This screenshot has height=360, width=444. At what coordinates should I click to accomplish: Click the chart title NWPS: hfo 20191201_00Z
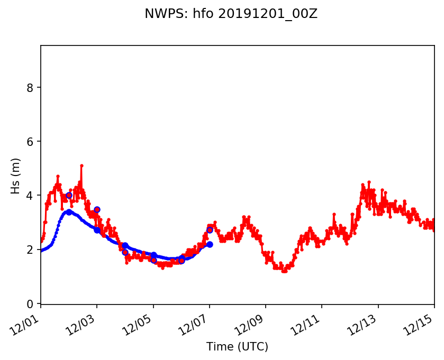231,14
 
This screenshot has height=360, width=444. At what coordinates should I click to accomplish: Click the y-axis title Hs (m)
16,176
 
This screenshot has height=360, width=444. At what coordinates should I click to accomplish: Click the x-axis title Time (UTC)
237,347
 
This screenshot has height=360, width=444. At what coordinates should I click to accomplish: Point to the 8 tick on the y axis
31,87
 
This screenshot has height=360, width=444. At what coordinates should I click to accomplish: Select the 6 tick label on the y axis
31,142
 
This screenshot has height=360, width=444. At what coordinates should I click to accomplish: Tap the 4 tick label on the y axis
31,196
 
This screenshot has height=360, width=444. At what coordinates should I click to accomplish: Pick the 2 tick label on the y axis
31,250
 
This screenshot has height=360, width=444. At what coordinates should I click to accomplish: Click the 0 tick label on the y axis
31,303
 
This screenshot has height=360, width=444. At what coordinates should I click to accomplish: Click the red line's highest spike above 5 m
81,165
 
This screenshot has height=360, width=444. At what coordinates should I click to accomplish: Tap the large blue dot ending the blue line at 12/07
210,244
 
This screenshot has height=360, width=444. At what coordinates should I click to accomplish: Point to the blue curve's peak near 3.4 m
68,211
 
